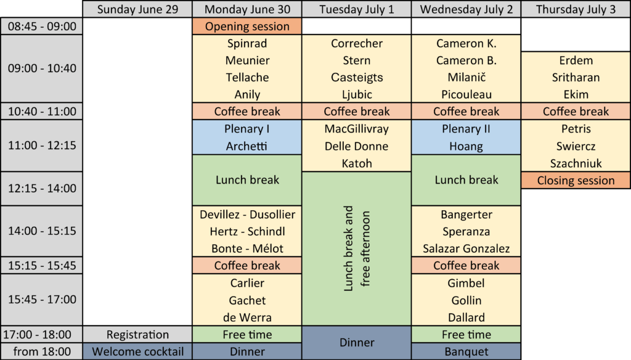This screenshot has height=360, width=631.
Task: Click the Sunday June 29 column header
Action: pos(137,9)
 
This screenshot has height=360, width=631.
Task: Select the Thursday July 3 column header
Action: pos(576,9)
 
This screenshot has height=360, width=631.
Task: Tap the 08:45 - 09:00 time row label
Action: pos(42,26)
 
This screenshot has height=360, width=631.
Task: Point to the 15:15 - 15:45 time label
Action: pos(42,265)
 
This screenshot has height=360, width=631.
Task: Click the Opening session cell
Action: pos(247,26)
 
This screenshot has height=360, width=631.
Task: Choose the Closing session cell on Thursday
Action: pos(576,181)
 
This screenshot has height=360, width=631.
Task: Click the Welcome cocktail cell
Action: pos(137,351)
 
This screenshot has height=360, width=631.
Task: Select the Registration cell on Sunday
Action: pos(137,335)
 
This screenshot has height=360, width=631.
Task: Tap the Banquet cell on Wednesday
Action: pos(466,351)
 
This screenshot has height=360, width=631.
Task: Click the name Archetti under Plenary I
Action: pos(246,146)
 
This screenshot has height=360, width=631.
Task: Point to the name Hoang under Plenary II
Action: pos(466,146)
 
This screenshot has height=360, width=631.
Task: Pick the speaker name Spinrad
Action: pos(247,44)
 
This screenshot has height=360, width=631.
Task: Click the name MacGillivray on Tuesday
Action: pos(357,129)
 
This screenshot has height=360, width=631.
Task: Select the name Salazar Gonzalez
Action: pos(466,248)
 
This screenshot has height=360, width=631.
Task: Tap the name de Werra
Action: pos(247,317)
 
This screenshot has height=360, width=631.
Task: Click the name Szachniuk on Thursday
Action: pos(576,163)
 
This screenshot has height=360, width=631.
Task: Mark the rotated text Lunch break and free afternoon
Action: pos(357,248)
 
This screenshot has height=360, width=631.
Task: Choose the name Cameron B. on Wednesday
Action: pos(466,60)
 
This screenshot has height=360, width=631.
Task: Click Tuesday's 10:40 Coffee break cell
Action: pos(357,112)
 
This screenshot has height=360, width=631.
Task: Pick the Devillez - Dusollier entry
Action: pos(247,215)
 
